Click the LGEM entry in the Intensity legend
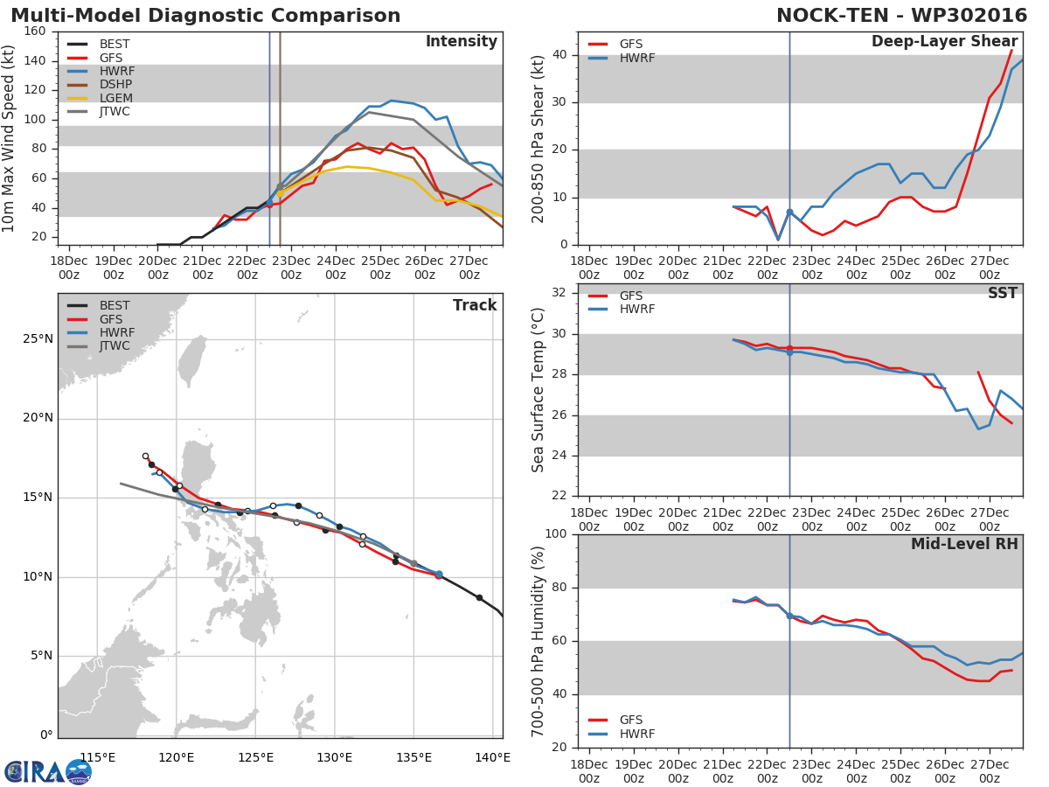[115, 98]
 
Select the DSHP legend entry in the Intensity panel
[115, 84]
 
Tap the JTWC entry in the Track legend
[115, 346]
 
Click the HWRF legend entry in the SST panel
[637, 310]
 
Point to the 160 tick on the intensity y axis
[36, 31]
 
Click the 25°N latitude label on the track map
[37, 338]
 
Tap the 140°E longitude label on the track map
[493, 757]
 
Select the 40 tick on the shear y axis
[559, 55]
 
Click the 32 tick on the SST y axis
[559, 293]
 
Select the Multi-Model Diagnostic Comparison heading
[205, 16]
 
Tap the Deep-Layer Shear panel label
[944, 42]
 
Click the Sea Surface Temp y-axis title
[538, 390]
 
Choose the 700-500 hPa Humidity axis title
[538, 641]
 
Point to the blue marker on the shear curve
[789, 212]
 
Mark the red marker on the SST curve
[789, 348]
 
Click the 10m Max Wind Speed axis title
[10, 138]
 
